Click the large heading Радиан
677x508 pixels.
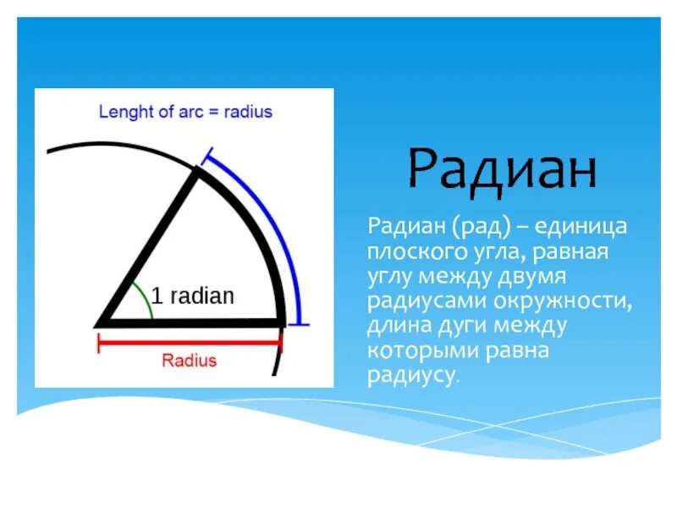tap(502, 172)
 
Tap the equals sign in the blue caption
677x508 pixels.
tap(213, 113)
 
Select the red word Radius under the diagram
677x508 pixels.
tap(189, 361)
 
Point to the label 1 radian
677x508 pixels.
tap(193, 295)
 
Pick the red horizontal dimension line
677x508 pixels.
tap(190, 343)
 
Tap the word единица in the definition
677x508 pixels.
tap(581, 226)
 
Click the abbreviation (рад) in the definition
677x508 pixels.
tap(482, 227)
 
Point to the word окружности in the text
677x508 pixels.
tap(563, 301)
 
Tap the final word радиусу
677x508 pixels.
tap(413, 376)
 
